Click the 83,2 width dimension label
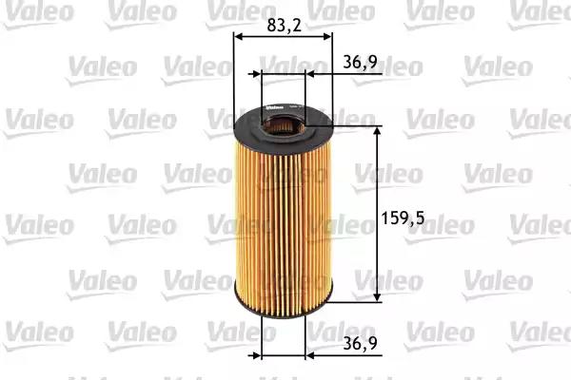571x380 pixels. click(284, 25)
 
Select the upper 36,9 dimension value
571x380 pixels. click(360, 63)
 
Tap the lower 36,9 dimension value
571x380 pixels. click(360, 343)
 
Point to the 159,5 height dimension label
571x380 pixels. click(403, 218)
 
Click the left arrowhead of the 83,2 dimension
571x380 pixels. click(238, 36)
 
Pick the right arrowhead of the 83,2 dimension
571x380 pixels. click(327, 36)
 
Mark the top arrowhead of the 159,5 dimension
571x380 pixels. click(377, 131)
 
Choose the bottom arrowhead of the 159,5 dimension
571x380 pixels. click(377, 296)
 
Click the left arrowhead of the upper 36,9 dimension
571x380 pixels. click(257, 74)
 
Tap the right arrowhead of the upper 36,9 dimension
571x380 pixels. click(310, 74)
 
